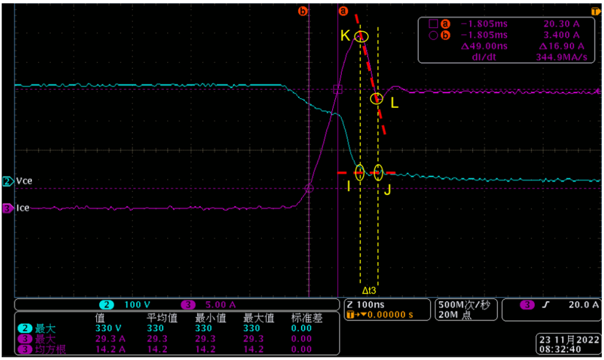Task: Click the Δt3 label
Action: (x=369, y=290)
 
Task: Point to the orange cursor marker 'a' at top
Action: (x=343, y=11)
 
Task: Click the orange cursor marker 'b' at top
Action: (x=303, y=11)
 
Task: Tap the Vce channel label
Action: (x=24, y=181)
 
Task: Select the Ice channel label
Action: (x=23, y=208)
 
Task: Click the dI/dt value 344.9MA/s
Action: (x=561, y=58)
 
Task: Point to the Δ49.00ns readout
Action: (x=484, y=46)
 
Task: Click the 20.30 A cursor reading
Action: (x=561, y=24)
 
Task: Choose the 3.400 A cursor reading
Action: (x=561, y=35)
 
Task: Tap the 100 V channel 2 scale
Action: (x=137, y=305)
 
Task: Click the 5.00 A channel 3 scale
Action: (x=220, y=305)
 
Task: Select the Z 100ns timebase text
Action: (x=366, y=305)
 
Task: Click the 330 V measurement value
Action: (x=108, y=329)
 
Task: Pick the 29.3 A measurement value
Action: (x=110, y=339)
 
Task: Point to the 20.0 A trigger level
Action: (x=583, y=305)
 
